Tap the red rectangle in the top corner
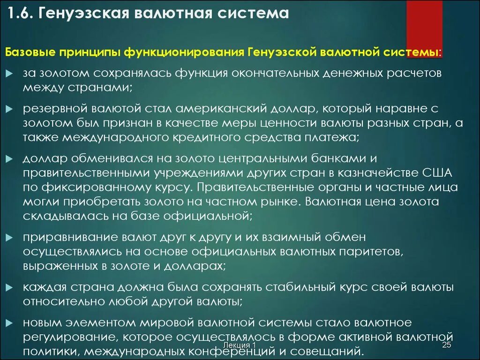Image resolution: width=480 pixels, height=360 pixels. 424,23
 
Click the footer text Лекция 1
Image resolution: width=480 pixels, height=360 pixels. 240,345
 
